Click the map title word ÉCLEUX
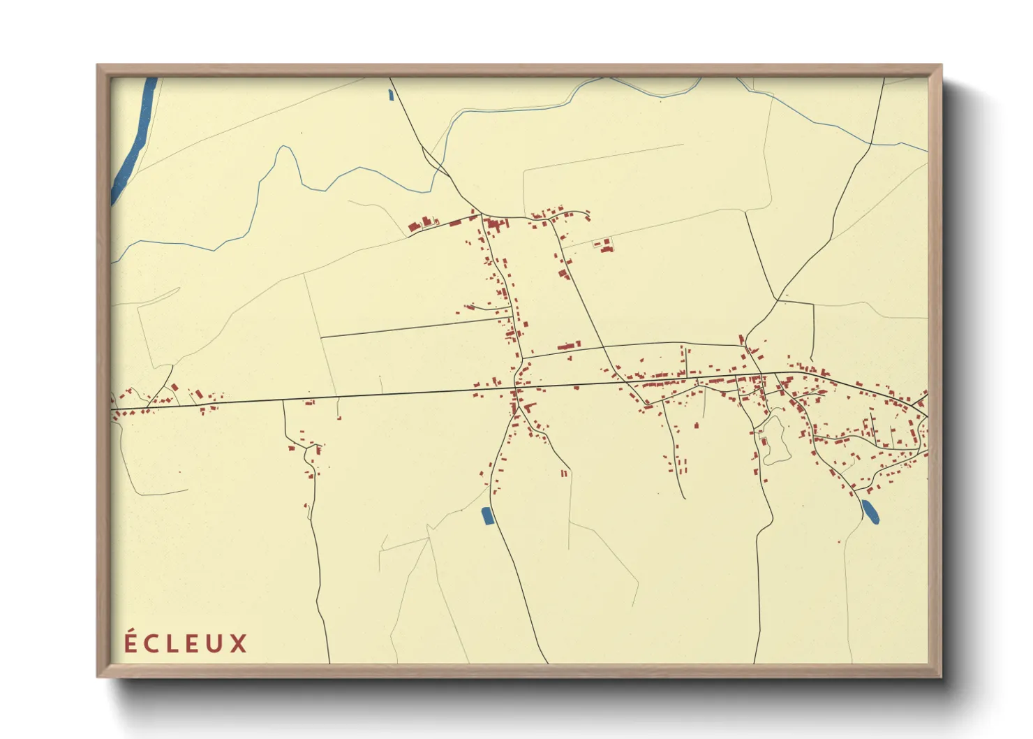click(x=186, y=643)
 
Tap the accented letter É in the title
click(x=131, y=642)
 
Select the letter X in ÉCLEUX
click(x=239, y=643)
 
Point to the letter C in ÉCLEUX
click(x=151, y=643)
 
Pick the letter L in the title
click(x=172, y=643)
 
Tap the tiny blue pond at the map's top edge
click(x=391, y=95)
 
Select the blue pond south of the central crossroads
click(x=487, y=516)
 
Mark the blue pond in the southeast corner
click(x=870, y=511)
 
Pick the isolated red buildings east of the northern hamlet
click(x=604, y=245)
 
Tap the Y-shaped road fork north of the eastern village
click(x=778, y=300)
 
